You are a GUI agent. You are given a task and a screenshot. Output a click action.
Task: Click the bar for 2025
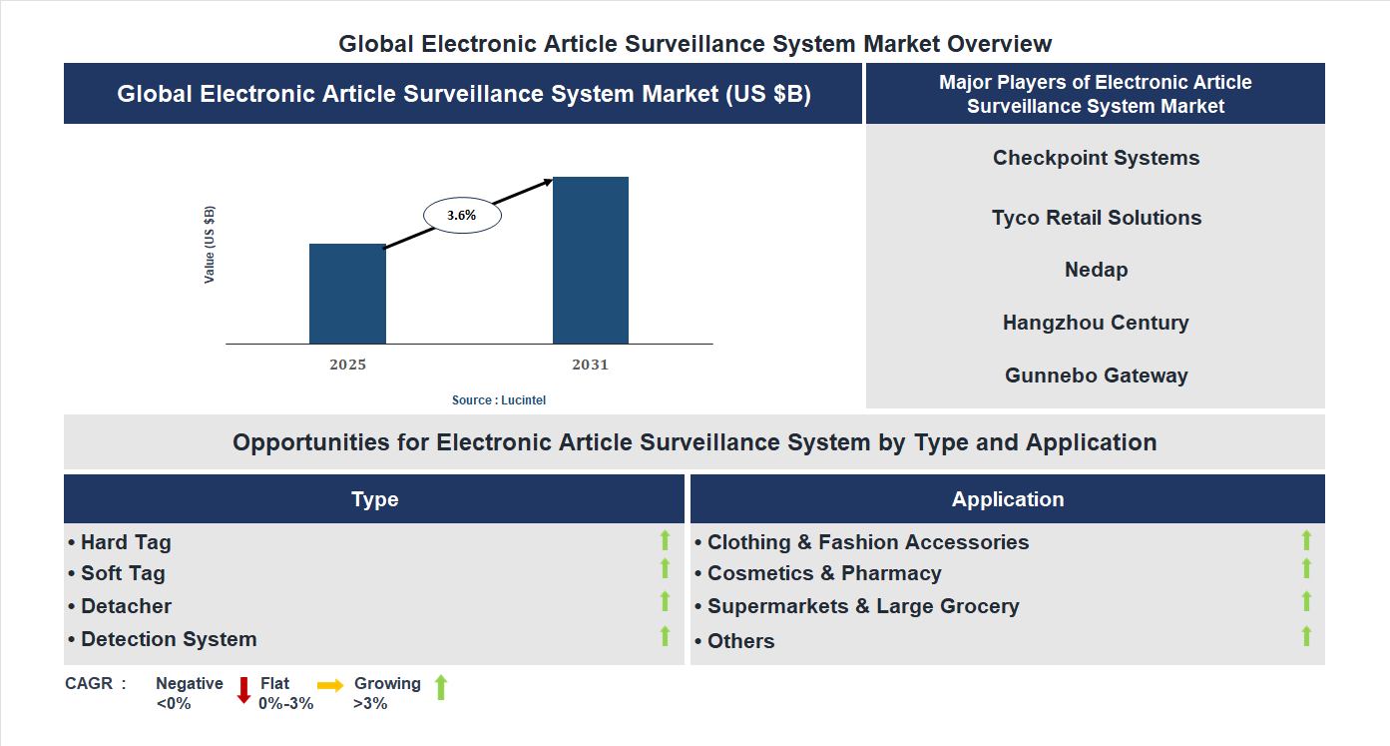(347, 294)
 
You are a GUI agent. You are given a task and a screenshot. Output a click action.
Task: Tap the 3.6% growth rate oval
(462, 215)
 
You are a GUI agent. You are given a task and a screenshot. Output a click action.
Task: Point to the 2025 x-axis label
(347, 365)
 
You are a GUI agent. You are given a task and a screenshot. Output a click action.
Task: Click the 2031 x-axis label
(590, 365)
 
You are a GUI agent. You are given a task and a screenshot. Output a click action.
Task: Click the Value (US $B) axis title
(210, 245)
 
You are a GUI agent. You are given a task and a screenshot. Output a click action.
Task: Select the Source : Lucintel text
(499, 399)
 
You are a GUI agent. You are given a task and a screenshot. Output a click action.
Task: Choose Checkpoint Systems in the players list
(1096, 158)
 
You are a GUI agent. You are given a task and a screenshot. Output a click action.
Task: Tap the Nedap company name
(1096, 270)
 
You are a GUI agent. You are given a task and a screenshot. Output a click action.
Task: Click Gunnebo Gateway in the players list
(1096, 375)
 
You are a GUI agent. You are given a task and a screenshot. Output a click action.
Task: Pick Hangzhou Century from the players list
(1096, 323)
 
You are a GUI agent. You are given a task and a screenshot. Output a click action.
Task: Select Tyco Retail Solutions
(1096, 218)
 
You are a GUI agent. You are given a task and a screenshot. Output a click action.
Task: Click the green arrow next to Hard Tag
(665, 540)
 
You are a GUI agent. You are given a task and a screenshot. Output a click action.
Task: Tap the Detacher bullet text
(126, 606)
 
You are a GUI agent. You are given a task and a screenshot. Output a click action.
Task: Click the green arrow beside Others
(1306, 636)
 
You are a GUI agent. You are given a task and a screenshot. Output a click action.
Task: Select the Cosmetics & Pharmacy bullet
(824, 573)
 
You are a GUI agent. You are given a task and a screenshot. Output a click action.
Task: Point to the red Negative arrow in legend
(243, 690)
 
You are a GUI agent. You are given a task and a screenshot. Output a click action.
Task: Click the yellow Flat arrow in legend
(330, 685)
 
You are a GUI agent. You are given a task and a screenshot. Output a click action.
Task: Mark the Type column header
(374, 499)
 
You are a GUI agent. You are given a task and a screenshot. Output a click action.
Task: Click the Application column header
(1007, 499)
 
